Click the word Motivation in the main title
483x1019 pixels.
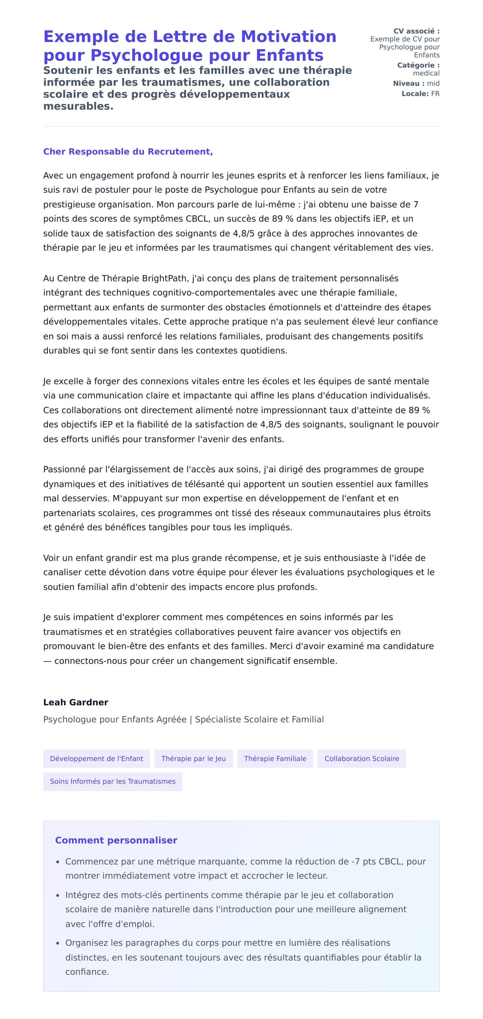click(x=288, y=37)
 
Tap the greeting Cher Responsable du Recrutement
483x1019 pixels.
click(x=128, y=152)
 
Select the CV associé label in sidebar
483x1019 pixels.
click(x=416, y=31)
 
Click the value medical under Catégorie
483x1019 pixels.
click(x=426, y=73)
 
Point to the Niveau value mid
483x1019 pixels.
click(x=433, y=83)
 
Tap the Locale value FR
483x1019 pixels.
click(x=435, y=94)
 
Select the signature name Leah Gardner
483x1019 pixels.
click(x=76, y=702)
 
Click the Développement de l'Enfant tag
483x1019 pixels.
click(x=97, y=759)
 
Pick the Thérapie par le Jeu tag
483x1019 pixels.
click(x=194, y=759)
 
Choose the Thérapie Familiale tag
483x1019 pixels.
click(x=275, y=759)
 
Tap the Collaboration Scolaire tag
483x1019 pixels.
click(x=361, y=759)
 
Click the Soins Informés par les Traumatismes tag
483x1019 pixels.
click(x=113, y=781)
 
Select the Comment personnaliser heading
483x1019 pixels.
click(x=116, y=840)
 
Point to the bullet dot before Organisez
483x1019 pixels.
click(x=58, y=943)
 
